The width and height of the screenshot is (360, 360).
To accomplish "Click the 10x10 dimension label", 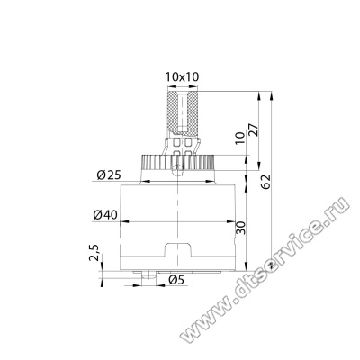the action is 183,77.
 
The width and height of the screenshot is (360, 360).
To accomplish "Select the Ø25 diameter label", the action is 109,175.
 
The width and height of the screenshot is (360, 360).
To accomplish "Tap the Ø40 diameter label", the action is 105,215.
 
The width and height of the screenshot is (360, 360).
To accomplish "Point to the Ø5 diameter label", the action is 176,280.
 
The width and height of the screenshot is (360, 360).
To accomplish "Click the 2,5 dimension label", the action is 94,252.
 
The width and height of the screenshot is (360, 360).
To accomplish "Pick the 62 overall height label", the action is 266,182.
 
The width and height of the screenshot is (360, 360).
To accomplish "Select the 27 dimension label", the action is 254,130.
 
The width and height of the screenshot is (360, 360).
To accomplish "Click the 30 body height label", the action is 240,228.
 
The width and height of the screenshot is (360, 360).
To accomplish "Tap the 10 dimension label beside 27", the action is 240,138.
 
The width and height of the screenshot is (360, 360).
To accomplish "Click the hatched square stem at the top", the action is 183,112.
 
